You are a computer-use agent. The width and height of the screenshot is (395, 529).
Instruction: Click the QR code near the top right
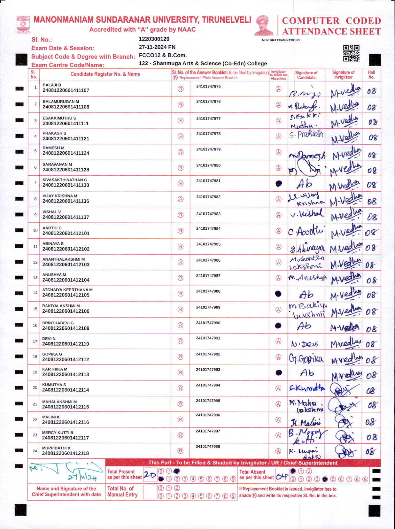coord(351,53)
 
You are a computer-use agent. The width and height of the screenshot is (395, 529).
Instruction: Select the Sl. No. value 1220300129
coord(154,39)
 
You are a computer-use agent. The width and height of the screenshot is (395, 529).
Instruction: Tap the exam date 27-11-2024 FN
coord(157,47)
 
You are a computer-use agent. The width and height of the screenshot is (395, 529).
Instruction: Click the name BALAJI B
coord(52,85)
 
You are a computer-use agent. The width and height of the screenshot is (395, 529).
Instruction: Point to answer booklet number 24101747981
coord(208,181)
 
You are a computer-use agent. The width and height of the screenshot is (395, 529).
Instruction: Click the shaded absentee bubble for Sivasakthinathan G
coord(279,184)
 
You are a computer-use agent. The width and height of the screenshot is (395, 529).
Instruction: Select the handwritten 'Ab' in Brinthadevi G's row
coord(304,326)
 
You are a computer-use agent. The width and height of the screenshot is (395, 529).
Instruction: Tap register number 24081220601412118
coord(66,453)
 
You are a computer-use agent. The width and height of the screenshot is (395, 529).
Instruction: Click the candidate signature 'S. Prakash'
coord(306,134)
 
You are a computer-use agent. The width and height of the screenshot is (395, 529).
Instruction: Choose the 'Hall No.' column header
coord(371,75)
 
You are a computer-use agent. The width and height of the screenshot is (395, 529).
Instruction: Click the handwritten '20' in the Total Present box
coord(150,475)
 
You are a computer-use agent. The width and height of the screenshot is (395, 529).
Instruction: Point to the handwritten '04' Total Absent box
coord(282,477)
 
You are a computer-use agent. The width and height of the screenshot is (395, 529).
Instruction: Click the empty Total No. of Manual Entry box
coord(150,492)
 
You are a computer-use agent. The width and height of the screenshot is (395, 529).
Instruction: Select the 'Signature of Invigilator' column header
coord(343,75)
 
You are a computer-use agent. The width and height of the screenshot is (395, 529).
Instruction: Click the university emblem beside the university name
coord(23,25)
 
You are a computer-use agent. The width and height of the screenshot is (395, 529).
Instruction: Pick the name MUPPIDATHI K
coord(57,448)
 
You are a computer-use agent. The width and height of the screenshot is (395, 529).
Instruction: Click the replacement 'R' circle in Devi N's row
coord(181,341)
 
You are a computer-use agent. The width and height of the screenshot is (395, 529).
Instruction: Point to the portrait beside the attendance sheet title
coord(264,26)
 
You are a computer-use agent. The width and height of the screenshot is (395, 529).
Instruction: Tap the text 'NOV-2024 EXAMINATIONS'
coord(281,40)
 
